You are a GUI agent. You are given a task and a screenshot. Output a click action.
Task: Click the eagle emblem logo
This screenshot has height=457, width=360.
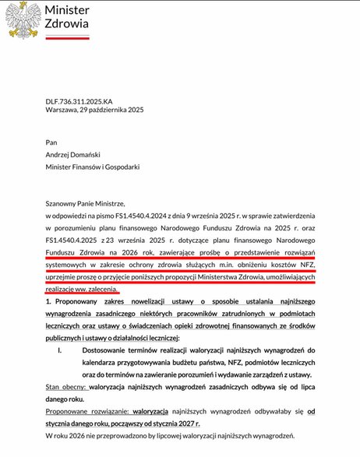pyautogui.click(x=23, y=20)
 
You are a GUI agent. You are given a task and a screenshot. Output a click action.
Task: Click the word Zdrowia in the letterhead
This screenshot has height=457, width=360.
pyautogui.click(x=67, y=24)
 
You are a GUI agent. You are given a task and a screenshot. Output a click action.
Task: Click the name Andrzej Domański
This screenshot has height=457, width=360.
pyautogui.click(x=81, y=154)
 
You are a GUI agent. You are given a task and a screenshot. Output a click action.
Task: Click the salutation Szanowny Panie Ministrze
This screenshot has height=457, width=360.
pyautogui.click(x=85, y=201)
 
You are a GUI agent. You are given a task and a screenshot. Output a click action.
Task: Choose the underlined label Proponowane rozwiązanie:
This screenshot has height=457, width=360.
pyautogui.click(x=86, y=410)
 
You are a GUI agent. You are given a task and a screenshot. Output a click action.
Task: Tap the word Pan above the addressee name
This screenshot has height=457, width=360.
pyautogui.click(x=51, y=142)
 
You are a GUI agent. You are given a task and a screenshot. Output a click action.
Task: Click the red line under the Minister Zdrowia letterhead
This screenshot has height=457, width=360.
pyautogui.click(x=67, y=38)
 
